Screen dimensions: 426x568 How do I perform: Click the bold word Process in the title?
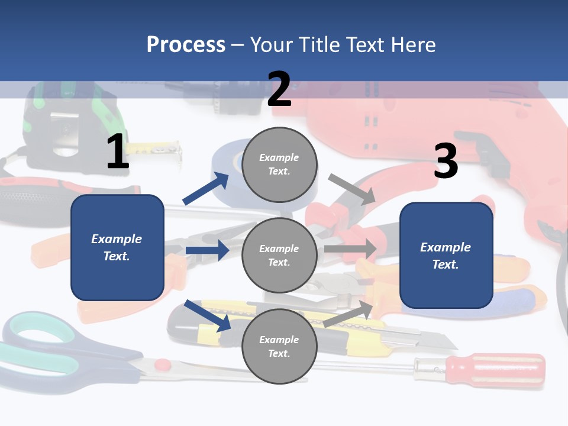point(186,45)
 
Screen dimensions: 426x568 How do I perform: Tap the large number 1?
point(118,151)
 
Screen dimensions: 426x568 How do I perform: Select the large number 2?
point(279,89)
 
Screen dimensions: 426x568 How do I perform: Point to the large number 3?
point(446,160)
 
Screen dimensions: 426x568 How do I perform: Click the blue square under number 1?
point(117,247)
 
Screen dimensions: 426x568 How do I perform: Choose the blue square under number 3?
point(446,255)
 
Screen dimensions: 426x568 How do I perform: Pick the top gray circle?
point(279,164)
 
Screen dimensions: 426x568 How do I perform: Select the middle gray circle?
point(279,255)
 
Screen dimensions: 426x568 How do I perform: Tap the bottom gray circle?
point(279,346)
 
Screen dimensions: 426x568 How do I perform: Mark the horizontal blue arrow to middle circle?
point(207,250)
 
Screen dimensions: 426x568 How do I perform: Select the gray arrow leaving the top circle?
point(351,189)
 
